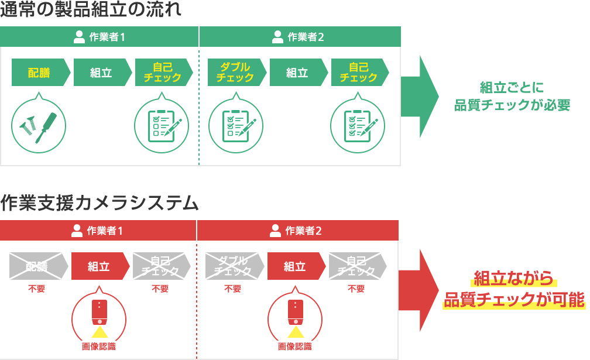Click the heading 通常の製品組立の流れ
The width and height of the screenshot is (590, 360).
(x=91, y=11)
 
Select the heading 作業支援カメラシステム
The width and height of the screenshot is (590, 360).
(x=100, y=203)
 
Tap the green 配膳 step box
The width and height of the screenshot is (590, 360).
(x=39, y=73)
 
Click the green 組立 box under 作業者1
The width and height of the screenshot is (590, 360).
(x=101, y=73)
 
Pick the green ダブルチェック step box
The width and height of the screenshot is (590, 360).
(x=235, y=73)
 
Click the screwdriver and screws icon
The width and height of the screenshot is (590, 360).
(x=39, y=125)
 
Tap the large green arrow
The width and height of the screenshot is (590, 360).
(x=420, y=97)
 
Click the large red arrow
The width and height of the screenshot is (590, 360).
(x=418, y=290)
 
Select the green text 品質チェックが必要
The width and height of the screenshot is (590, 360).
(x=512, y=105)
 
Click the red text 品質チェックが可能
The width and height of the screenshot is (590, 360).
(x=514, y=300)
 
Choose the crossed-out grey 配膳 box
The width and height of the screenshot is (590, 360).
(x=36, y=266)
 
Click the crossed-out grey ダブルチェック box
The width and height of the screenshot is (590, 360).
(x=232, y=266)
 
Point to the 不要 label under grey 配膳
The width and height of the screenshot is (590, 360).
(x=36, y=289)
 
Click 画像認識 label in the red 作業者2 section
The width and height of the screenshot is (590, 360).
(x=295, y=347)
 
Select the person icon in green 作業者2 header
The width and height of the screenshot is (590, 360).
(x=278, y=37)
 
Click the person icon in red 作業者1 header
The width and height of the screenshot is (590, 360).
(x=77, y=231)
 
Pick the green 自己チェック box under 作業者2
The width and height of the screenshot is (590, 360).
(x=358, y=73)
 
